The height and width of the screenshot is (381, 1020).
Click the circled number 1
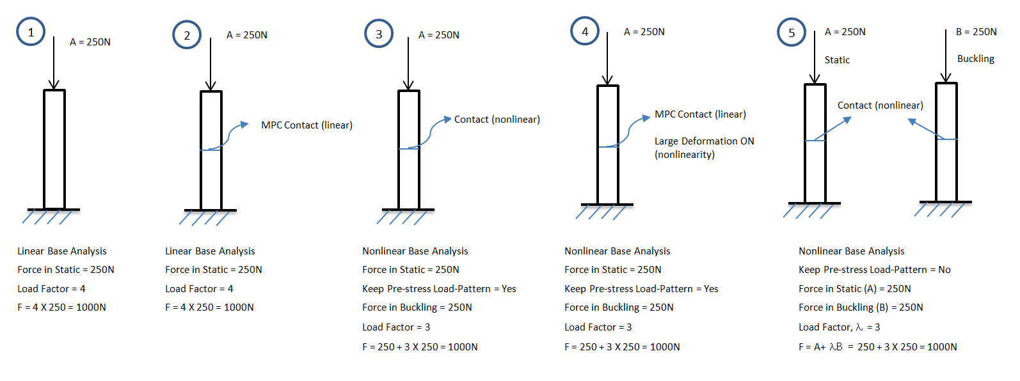click(31, 32)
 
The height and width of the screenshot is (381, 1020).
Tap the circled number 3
click(379, 34)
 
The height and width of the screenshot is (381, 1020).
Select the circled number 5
click(792, 33)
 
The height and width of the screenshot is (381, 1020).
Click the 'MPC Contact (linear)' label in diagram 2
click(307, 125)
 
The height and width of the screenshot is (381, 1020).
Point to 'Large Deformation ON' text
click(704, 141)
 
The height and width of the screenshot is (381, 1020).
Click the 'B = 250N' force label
click(976, 32)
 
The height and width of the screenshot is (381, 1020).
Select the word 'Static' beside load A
click(837, 60)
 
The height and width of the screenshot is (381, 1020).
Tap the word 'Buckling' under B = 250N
click(975, 59)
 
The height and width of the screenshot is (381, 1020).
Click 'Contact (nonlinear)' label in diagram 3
click(497, 120)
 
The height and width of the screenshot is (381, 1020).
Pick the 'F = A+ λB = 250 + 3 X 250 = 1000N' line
click(877, 347)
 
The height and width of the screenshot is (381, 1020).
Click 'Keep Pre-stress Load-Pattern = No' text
click(874, 270)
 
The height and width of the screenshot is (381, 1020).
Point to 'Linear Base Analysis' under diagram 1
click(62, 251)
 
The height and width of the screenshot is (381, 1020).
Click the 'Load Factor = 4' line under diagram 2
click(199, 289)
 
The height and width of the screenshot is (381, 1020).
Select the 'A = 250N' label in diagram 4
click(644, 32)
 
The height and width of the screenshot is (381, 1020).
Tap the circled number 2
click(187, 35)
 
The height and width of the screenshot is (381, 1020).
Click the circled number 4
click(585, 31)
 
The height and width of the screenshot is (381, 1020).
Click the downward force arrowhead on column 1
click(54, 84)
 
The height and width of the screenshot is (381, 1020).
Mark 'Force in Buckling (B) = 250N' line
click(861, 307)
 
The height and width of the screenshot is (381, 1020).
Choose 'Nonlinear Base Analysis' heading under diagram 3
click(415, 251)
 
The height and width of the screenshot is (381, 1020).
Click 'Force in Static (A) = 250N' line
click(854, 289)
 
